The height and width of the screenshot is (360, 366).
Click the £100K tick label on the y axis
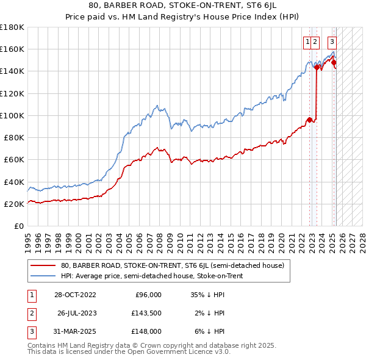point(12,115)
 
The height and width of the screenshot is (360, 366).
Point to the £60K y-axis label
point(14,160)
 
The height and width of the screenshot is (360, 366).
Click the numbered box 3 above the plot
point(332,42)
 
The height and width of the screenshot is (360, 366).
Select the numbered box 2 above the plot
point(315,42)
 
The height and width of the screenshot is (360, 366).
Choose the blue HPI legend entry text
point(152,276)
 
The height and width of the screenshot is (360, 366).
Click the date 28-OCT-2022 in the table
point(75,295)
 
